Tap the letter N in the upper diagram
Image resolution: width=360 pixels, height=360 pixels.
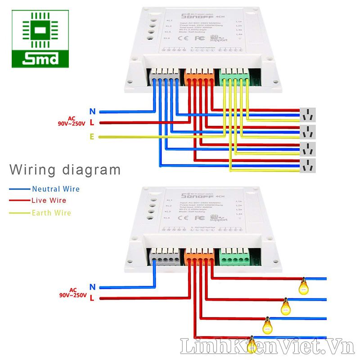tap(92, 111)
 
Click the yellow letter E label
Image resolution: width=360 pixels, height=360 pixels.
tap(92, 137)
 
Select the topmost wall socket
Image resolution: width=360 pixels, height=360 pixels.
tap(308, 115)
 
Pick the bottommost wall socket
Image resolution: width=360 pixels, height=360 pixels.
tap(308, 166)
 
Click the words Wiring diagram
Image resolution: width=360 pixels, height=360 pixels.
tap(65, 170)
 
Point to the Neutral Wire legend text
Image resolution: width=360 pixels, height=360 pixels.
tap(55, 189)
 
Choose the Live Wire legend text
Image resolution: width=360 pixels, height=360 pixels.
tap(49, 201)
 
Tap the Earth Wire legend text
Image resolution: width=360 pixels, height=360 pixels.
tap(51, 212)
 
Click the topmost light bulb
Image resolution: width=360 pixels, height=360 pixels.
tap(304, 285)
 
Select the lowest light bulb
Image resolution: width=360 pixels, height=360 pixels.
tap(252, 343)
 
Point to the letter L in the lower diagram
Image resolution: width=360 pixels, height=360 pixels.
tap(92, 298)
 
